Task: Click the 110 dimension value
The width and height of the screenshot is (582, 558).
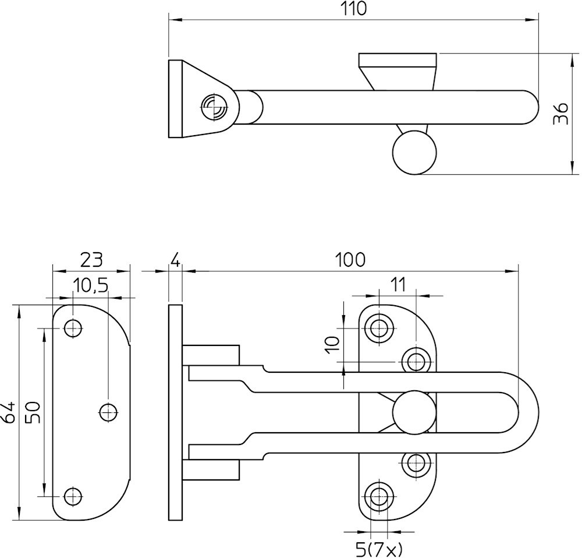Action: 354,9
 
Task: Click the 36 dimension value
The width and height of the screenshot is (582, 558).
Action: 560,114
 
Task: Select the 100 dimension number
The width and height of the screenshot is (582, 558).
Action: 351,260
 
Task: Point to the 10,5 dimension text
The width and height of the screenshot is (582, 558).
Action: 90,285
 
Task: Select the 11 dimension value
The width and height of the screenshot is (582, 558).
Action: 398,285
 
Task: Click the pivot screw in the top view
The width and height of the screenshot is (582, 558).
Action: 214,107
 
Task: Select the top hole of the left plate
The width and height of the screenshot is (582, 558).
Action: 73,329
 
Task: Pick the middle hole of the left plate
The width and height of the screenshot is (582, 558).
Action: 108,412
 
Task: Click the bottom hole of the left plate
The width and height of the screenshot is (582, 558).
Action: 73,496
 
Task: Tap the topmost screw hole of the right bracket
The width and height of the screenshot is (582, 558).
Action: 379,328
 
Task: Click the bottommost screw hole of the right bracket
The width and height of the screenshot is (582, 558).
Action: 379,497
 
